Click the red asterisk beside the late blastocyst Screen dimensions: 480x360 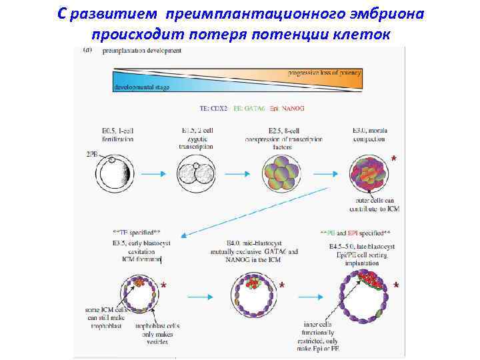(x=397, y=286)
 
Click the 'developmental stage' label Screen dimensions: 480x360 (x=141, y=87)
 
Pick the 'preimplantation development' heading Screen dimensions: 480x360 (x=141, y=51)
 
